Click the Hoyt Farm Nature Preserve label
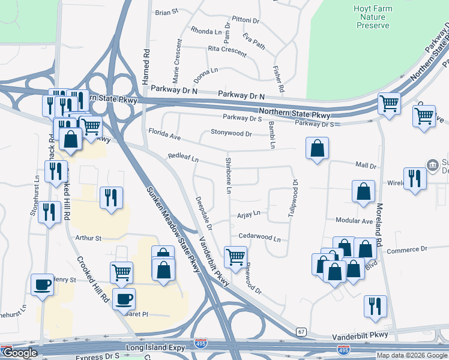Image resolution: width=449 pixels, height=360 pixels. pyautogui.click(x=373, y=17)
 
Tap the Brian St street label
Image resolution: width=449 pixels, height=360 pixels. pyautogui.click(x=167, y=12)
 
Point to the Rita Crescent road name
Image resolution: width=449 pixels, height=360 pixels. pyautogui.click(x=227, y=52)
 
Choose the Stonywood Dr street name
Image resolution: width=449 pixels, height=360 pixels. pyautogui.click(x=231, y=133)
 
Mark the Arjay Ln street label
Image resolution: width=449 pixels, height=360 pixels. pyautogui.click(x=249, y=213)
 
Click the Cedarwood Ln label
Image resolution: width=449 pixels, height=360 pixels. pyautogui.click(x=259, y=238)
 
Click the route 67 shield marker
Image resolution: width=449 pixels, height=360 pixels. pyautogui.click(x=301, y=332)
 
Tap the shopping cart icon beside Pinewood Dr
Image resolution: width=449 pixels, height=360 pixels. pyautogui.click(x=235, y=257)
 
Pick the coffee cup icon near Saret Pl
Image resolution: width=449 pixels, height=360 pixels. pyautogui.click(x=124, y=298)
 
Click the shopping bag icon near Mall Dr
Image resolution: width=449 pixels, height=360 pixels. pyautogui.click(x=317, y=149)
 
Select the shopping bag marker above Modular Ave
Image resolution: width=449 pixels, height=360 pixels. pyautogui.click(x=363, y=192)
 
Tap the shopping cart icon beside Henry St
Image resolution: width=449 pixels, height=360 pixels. pyautogui.click(x=121, y=272)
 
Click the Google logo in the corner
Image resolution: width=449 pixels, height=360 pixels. pyautogui.click(x=19, y=353)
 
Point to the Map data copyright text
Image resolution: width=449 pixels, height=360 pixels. pyautogui.click(x=411, y=355)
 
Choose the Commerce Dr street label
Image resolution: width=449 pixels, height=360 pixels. pyautogui.click(x=406, y=248)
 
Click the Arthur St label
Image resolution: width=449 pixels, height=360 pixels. pyautogui.click(x=88, y=238)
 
